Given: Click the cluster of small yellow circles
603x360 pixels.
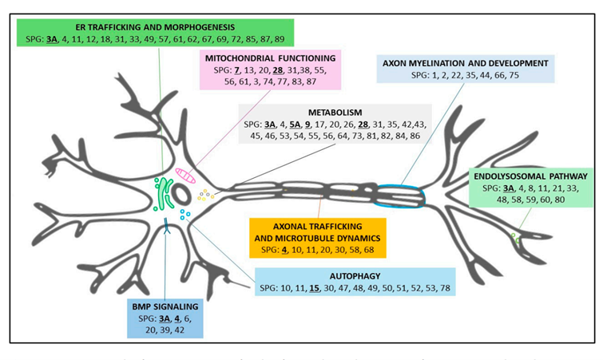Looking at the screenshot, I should pos(207,194).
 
